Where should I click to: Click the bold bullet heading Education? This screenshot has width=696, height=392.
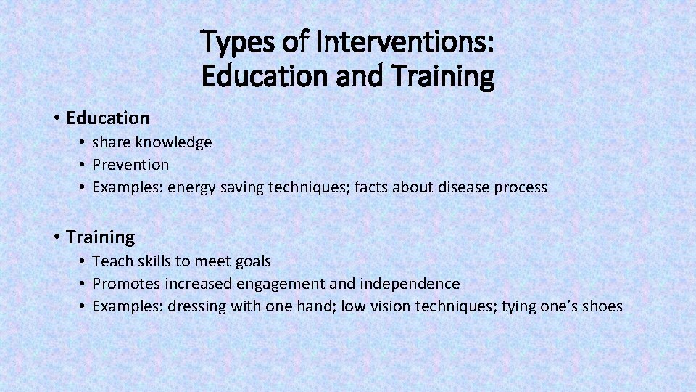[107, 118]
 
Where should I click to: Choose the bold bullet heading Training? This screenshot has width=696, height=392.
[100, 237]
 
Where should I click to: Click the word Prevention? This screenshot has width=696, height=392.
[130, 165]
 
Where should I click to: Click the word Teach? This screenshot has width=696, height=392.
[111, 261]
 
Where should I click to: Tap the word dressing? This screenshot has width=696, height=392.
[197, 306]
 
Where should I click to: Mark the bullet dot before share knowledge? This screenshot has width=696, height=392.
[84, 142]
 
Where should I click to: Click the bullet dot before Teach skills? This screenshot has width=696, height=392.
[84, 261]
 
